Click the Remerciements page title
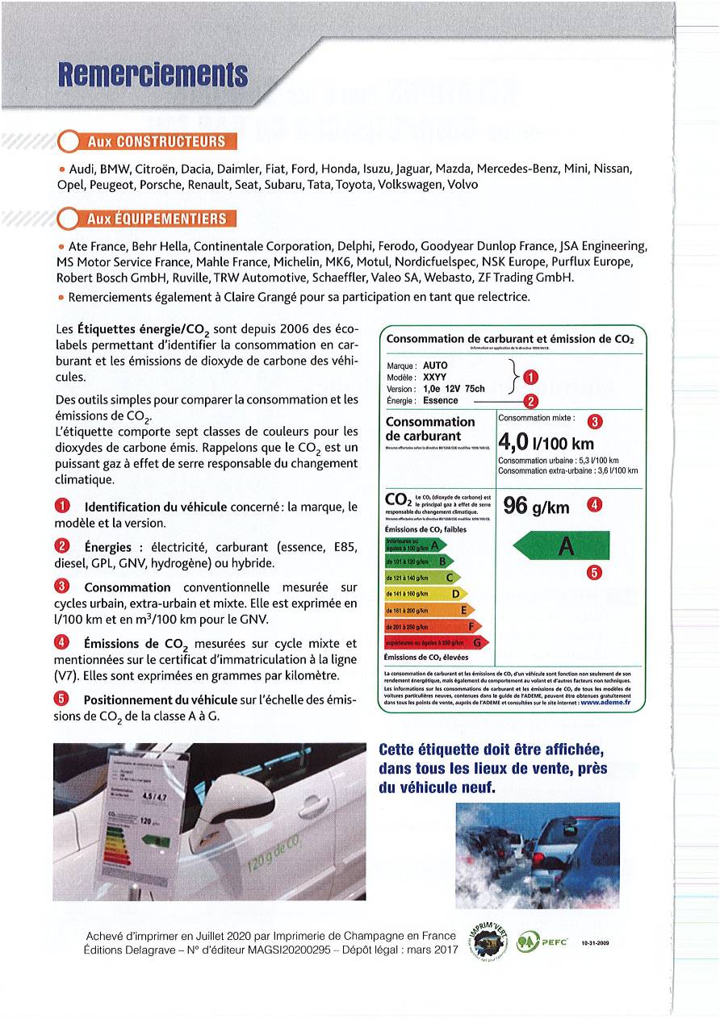(x=152, y=74)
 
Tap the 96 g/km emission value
(x=536, y=506)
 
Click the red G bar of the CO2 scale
(x=436, y=642)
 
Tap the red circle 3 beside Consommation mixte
(x=593, y=420)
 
